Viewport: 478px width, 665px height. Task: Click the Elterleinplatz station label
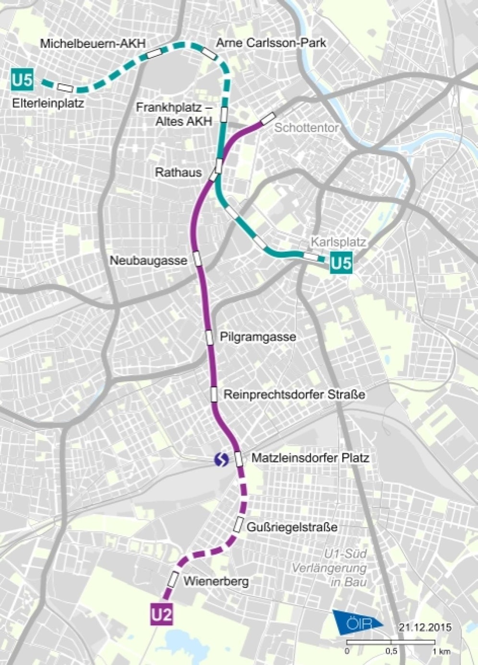pyautogui.click(x=48, y=103)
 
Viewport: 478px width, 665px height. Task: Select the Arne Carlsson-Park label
pyautogui.click(x=271, y=43)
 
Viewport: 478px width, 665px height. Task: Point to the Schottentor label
pyautogui.click(x=306, y=128)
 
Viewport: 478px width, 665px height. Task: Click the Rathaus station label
pyautogui.click(x=178, y=172)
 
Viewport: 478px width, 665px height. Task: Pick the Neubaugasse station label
pyautogui.click(x=148, y=260)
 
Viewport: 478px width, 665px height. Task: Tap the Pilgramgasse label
pyautogui.click(x=258, y=337)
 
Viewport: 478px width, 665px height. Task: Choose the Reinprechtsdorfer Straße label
pyautogui.click(x=294, y=394)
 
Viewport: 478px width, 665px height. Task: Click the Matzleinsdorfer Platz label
pyautogui.click(x=310, y=458)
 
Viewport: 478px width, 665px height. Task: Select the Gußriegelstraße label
pyautogui.click(x=292, y=527)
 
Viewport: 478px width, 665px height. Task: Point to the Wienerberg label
pyautogui.click(x=216, y=581)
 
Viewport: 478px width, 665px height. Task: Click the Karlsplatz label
pyautogui.click(x=338, y=242)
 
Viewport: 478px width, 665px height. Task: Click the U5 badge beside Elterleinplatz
pyautogui.click(x=23, y=79)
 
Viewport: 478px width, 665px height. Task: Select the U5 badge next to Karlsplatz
pyautogui.click(x=341, y=263)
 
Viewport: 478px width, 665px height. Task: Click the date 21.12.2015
pyautogui.click(x=425, y=627)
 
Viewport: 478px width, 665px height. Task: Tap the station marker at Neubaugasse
pyautogui.click(x=197, y=259)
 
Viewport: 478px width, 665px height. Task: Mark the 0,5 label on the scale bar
pyautogui.click(x=391, y=652)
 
